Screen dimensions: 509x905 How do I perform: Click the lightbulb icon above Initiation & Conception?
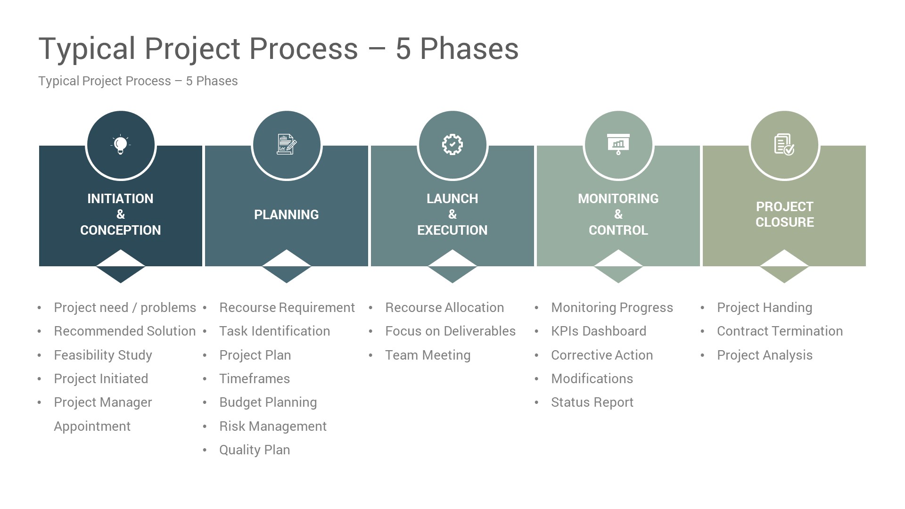pos(121,145)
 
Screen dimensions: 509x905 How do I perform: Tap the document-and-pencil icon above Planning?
pos(287,145)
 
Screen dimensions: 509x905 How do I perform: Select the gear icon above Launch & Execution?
pos(452,145)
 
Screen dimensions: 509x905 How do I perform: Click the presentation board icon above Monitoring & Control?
pos(618,145)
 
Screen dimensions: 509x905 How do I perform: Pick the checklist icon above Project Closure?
pos(784,145)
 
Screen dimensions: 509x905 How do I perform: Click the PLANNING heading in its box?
pos(287,215)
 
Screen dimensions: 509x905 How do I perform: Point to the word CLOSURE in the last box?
pos(784,222)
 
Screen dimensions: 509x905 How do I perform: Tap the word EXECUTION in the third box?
pos(452,230)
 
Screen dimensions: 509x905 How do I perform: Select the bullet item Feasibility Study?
pos(103,355)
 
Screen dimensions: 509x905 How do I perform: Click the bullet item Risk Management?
pos(272,427)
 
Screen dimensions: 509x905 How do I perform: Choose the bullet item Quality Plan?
pos(255,450)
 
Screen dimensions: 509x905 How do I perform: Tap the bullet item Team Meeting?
pos(428,355)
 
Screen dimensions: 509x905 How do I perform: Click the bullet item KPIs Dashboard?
pos(599,331)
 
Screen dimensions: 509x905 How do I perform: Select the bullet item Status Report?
pos(592,402)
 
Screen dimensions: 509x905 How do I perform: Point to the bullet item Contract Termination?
pos(780,331)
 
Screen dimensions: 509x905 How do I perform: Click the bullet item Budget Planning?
pos(268,402)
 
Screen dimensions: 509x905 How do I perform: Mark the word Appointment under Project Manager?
pos(92,427)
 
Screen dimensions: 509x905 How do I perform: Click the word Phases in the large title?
pos(469,49)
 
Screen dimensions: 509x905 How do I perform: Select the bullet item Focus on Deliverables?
pos(450,331)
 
